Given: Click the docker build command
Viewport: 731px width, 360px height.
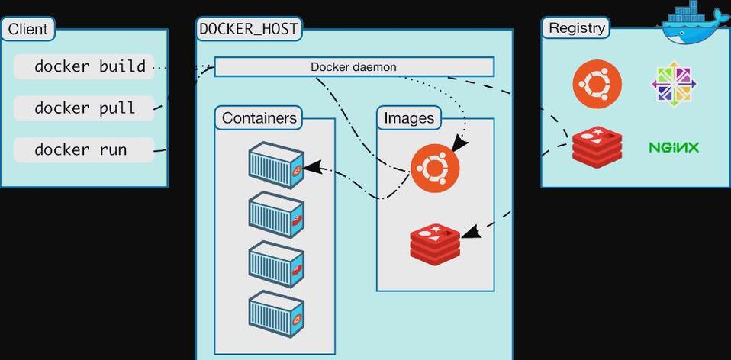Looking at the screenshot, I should tap(89, 66).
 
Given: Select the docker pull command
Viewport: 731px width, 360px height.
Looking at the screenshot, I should tap(85, 108).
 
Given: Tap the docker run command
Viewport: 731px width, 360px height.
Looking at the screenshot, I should tap(81, 149).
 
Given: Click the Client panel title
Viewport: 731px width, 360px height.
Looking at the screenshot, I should tap(28, 30).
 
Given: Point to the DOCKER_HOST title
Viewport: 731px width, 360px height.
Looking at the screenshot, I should tap(249, 29).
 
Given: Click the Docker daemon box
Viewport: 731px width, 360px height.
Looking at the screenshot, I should tap(353, 67).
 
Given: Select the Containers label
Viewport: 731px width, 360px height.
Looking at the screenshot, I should tap(259, 118).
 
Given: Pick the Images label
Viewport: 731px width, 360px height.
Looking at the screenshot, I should tap(409, 118).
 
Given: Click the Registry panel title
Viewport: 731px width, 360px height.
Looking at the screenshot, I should tap(577, 28).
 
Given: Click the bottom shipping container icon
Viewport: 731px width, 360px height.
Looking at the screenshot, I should tap(275, 312).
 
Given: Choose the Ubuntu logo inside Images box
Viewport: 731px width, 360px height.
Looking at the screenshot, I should tap(435, 167).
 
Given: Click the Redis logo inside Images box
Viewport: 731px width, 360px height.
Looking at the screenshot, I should tap(435, 243).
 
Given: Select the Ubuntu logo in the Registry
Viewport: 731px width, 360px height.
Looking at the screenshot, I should tap(597, 83).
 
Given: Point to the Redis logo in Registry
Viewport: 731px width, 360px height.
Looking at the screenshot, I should tap(597, 147).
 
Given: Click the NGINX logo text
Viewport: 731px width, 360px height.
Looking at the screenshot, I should tap(674, 147).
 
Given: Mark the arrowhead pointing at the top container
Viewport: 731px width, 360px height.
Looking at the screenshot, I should tap(311, 168).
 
